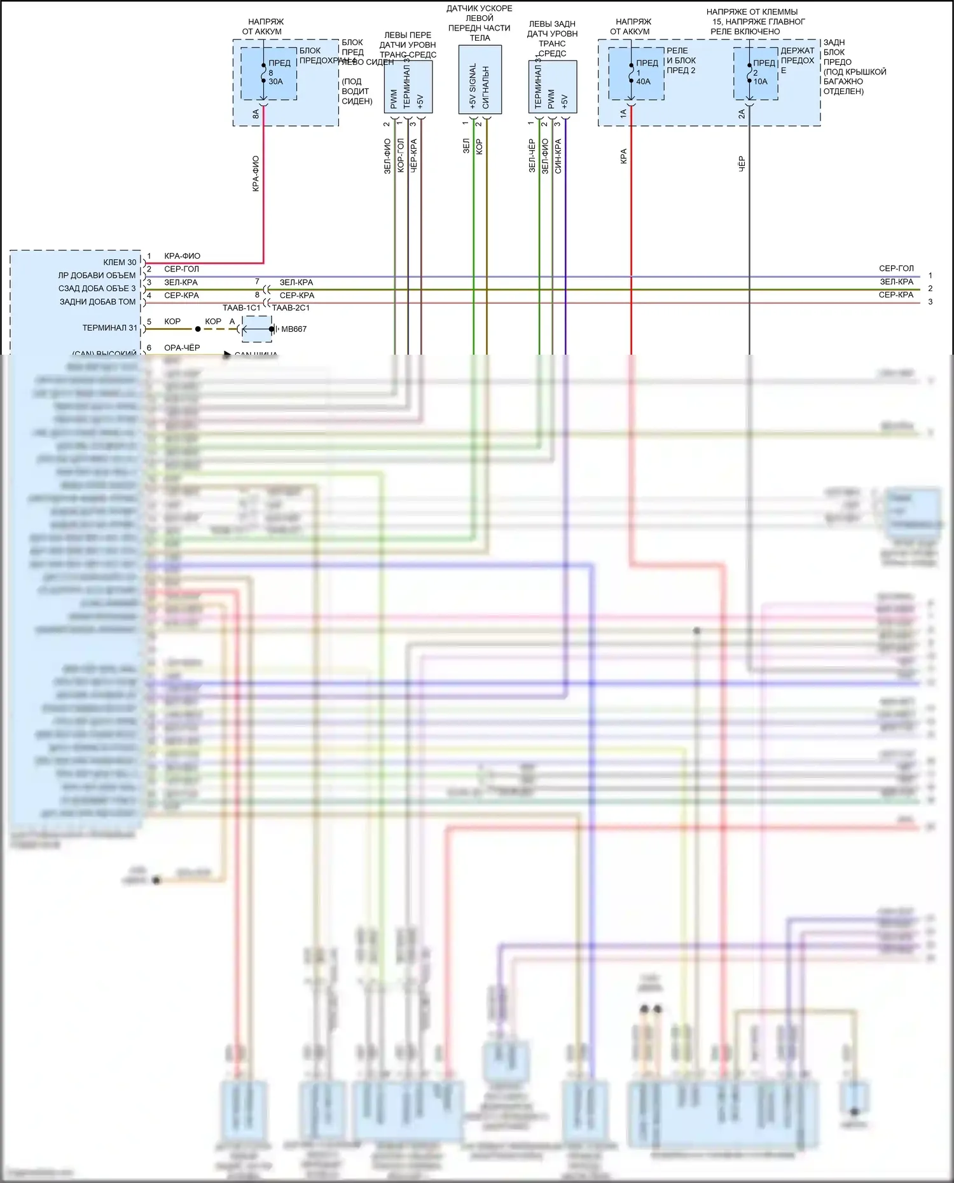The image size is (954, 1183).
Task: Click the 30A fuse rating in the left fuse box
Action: click(275, 81)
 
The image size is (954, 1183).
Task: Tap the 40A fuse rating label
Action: click(643, 81)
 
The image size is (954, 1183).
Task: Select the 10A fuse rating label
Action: click(760, 81)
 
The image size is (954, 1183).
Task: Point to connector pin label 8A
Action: click(256, 114)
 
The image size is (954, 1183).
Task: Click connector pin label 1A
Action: click(623, 114)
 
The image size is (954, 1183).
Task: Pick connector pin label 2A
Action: click(742, 114)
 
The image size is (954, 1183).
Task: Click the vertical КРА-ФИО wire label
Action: click(256, 174)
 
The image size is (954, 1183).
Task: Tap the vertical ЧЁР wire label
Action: click(742, 164)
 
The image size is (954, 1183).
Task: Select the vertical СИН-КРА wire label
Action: click(558, 156)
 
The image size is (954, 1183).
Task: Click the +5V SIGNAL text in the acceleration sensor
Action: click(473, 86)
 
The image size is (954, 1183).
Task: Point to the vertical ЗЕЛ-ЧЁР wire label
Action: click(532, 156)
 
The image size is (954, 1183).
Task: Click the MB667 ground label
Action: click(294, 329)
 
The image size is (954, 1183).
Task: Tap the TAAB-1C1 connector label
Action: click(241, 308)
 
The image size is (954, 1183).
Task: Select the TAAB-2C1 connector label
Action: click(291, 308)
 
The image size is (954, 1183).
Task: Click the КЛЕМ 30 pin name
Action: click(120, 263)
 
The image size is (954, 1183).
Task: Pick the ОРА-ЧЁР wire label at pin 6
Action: click(182, 348)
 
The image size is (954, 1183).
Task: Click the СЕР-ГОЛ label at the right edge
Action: click(896, 268)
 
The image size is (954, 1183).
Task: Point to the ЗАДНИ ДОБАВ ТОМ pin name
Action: click(97, 302)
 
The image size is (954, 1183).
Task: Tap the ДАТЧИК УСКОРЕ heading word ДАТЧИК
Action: click(461, 8)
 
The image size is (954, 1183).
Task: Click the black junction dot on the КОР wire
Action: click(198, 329)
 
